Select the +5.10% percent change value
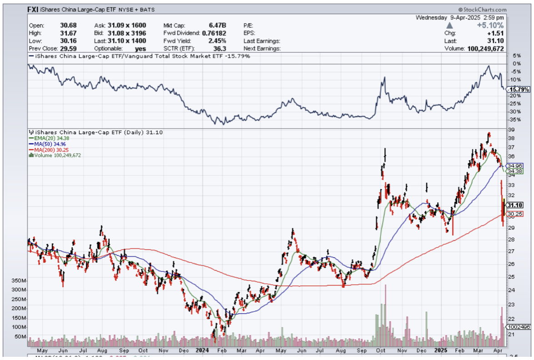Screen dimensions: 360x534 [490, 25]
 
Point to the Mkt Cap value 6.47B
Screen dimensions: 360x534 [217, 25]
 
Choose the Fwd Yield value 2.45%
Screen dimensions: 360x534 [217, 41]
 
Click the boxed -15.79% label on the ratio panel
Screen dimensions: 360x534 [518, 90]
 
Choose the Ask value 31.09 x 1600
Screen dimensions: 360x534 [131, 25]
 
